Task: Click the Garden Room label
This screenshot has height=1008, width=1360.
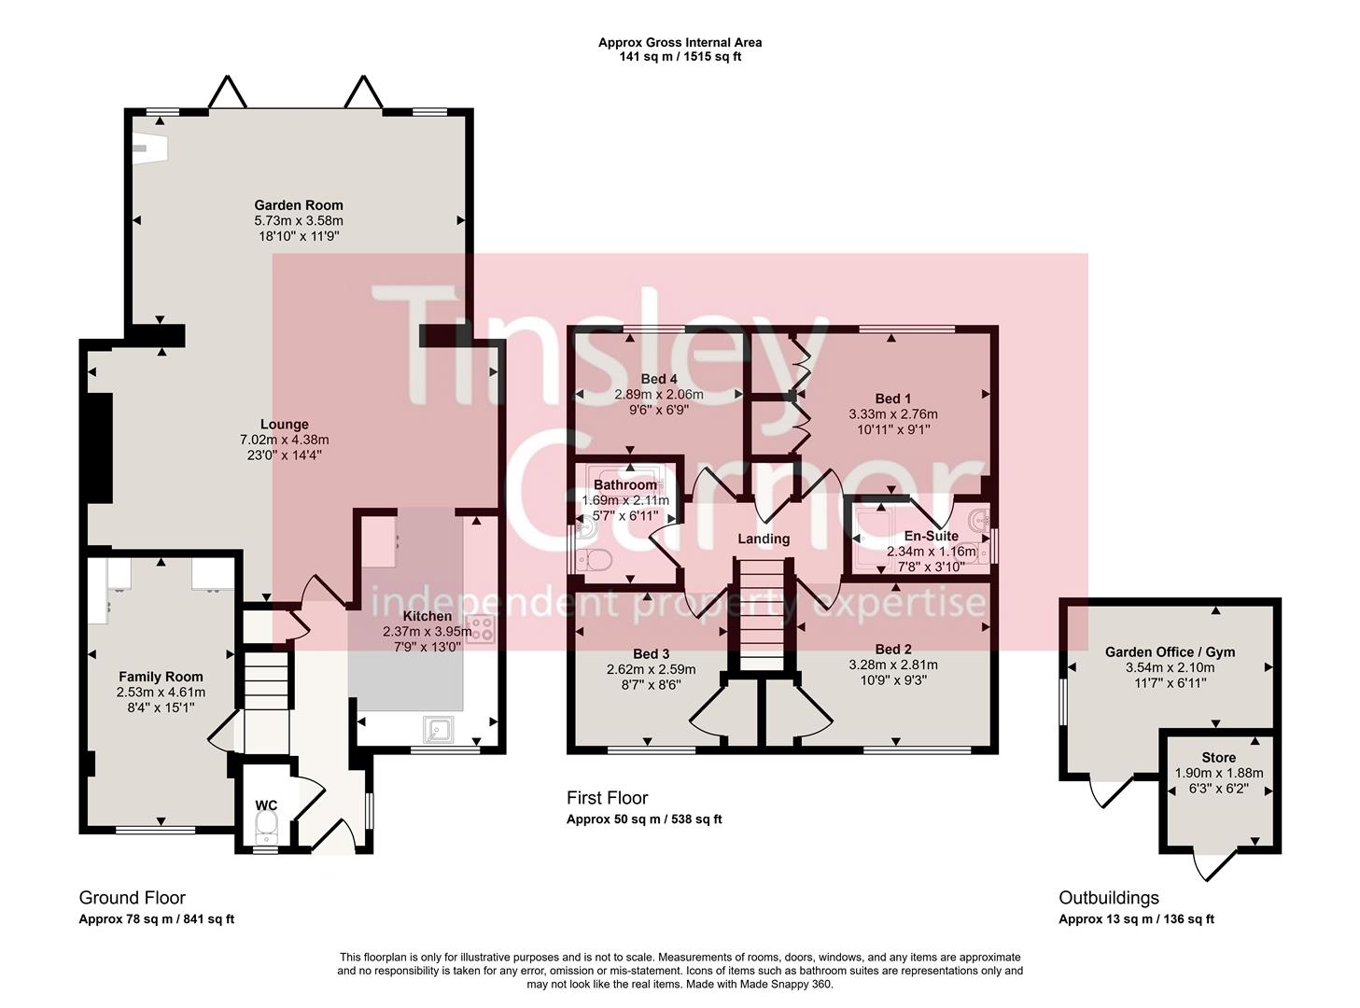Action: (299, 205)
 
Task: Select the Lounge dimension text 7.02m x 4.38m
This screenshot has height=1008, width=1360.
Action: (284, 440)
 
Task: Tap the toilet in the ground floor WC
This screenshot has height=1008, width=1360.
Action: (266, 823)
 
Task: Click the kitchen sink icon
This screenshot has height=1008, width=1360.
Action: (437, 728)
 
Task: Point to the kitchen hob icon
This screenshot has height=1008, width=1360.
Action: (480, 630)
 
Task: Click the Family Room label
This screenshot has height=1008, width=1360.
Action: (161, 677)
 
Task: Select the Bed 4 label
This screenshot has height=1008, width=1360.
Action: (659, 379)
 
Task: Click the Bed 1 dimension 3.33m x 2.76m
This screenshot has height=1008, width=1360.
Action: (892, 414)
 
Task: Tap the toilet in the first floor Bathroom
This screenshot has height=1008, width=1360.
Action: (595, 560)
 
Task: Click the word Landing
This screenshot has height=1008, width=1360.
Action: (764, 539)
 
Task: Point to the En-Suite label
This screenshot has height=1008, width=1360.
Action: (931, 537)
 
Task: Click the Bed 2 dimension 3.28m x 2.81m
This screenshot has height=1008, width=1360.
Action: (892, 665)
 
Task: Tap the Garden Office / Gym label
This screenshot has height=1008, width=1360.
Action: (1170, 652)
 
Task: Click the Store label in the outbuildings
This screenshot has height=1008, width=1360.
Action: (1218, 758)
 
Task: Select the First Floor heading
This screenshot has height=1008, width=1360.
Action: (607, 798)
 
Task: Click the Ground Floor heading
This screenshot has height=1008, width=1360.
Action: (132, 898)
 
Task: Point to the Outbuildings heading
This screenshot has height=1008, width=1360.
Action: (1108, 898)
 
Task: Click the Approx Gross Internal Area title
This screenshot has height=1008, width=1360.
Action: (680, 42)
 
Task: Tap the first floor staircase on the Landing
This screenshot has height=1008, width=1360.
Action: (764, 616)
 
